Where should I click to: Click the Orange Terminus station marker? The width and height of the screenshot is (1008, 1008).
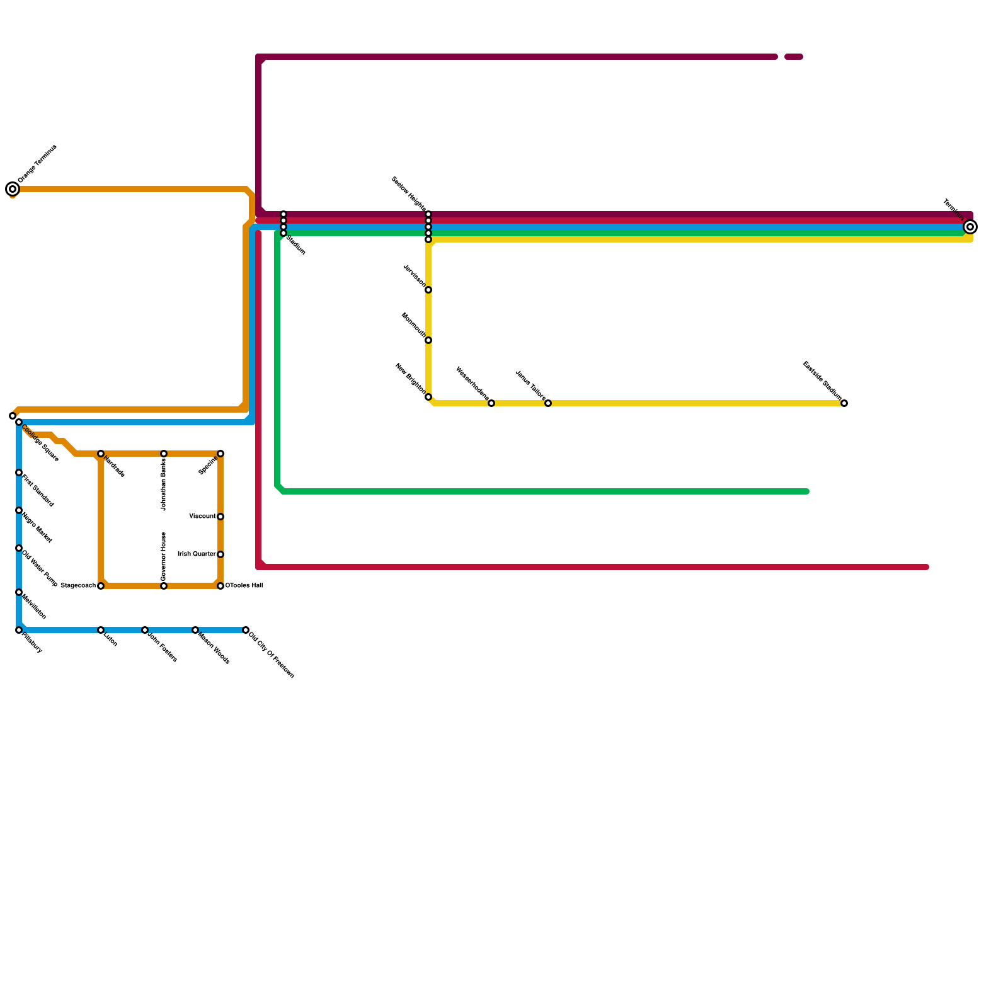[x=13, y=189]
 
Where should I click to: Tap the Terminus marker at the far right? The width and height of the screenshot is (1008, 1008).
[x=971, y=227]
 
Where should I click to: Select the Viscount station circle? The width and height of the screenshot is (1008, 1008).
[x=220, y=517]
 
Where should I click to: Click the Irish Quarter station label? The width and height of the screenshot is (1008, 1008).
[x=197, y=554]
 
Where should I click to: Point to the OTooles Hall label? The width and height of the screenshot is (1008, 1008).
[x=244, y=586]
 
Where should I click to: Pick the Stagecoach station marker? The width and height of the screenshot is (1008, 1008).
[x=101, y=586]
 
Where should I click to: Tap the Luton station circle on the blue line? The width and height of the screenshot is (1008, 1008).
[x=101, y=630]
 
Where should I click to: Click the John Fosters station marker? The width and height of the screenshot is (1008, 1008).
[x=145, y=630]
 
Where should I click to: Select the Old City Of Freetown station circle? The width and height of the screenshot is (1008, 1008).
[x=246, y=630]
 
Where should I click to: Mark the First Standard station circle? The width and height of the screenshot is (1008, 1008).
[x=19, y=472]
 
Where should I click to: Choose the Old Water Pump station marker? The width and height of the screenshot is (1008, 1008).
[x=19, y=548]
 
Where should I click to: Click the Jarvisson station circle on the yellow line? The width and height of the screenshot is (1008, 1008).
[x=428, y=290]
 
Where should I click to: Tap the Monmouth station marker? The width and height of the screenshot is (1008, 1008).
[x=428, y=340]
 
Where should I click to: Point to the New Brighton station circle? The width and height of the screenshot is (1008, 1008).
[x=428, y=397]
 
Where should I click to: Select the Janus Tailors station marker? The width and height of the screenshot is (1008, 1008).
[x=548, y=403]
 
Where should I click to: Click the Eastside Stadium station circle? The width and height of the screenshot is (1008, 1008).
[x=844, y=403]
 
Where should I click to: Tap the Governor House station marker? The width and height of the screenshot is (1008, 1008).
[x=164, y=586]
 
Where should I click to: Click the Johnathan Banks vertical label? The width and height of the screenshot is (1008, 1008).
[x=164, y=484]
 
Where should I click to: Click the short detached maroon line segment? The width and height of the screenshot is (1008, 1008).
[x=794, y=57]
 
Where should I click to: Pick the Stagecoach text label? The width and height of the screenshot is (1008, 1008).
[x=78, y=586]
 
